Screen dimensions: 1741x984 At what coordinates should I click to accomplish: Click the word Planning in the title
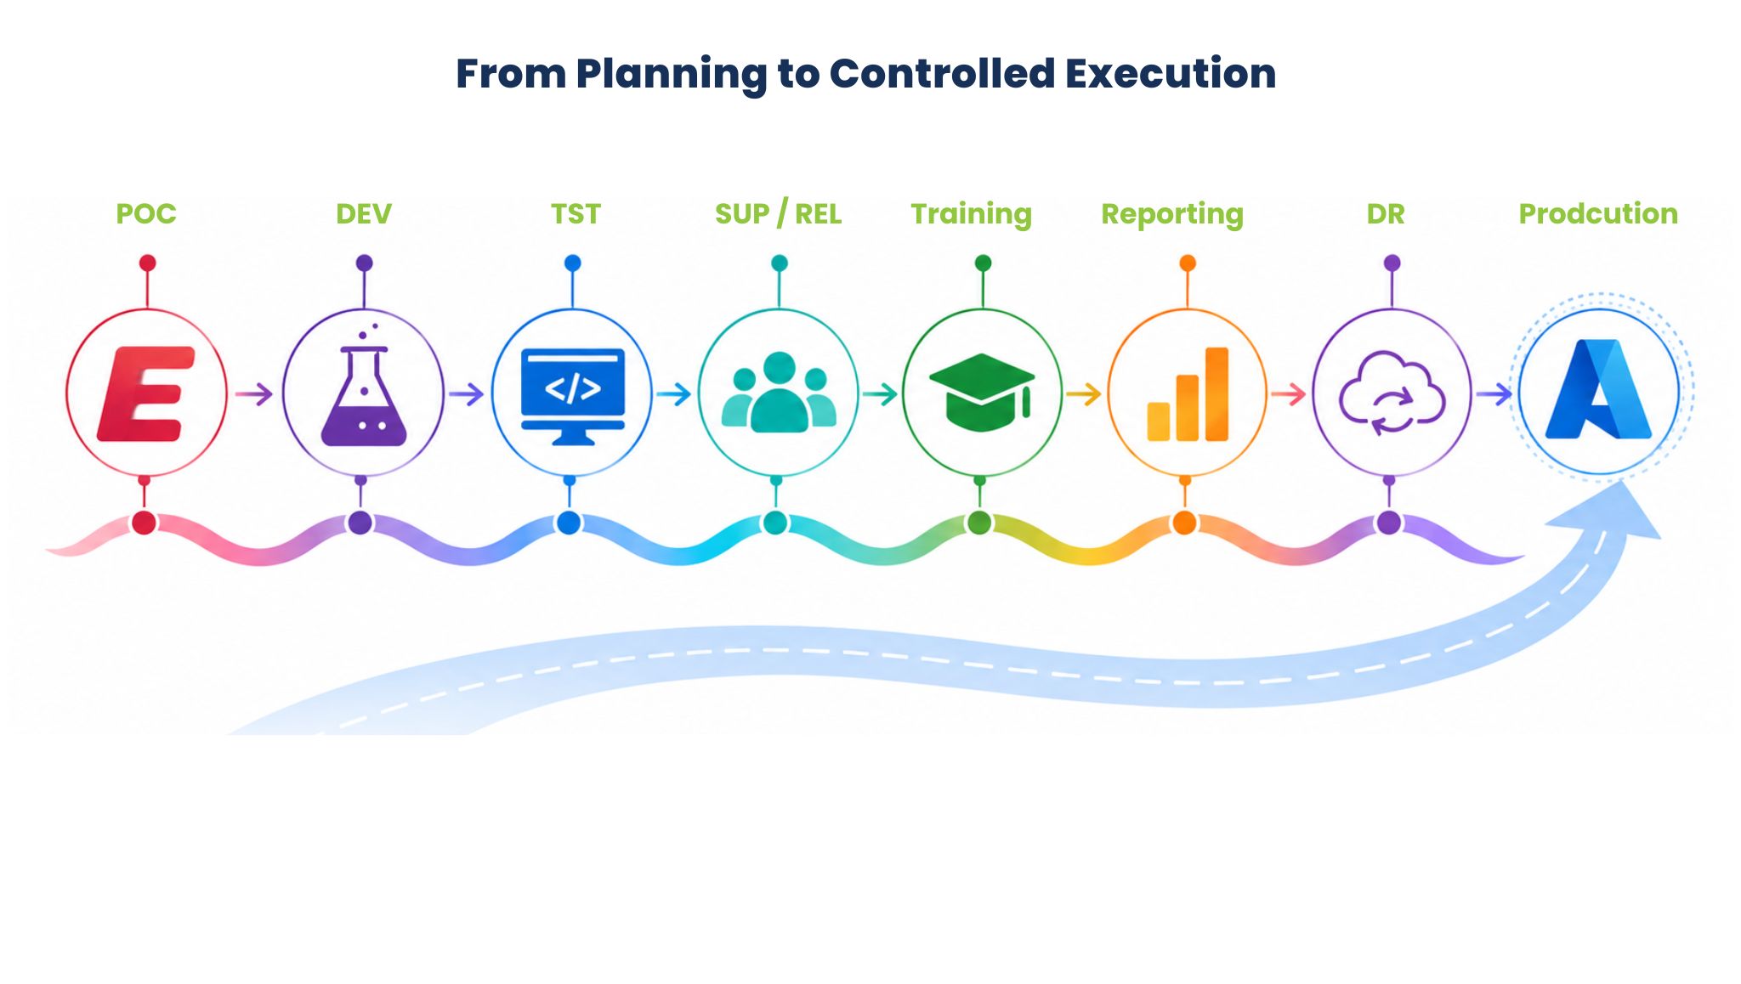[672, 75]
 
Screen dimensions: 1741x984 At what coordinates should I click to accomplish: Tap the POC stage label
[146, 214]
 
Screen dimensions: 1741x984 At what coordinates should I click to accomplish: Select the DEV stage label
[364, 214]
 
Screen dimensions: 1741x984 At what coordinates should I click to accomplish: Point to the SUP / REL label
[779, 214]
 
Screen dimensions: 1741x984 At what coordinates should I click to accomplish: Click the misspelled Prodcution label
[1598, 214]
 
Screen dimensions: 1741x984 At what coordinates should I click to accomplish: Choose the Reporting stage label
[1172, 215]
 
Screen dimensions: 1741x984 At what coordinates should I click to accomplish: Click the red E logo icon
[146, 394]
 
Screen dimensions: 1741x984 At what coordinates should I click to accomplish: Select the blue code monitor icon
[573, 396]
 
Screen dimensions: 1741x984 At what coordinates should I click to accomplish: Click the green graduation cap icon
[982, 392]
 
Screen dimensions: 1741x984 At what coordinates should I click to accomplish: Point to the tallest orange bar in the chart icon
[1216, 394]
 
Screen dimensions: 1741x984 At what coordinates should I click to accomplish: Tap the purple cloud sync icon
[1392, 393]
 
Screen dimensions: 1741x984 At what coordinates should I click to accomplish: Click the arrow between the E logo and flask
[253, 394]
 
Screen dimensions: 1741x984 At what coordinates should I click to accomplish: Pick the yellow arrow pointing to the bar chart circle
[1084, 394]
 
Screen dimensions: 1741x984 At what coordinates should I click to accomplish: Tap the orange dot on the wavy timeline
[1184, 523]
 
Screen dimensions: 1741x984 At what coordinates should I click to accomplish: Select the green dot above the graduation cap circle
[983, 263]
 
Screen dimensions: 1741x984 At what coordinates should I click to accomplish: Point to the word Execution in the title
[1171, 75]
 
